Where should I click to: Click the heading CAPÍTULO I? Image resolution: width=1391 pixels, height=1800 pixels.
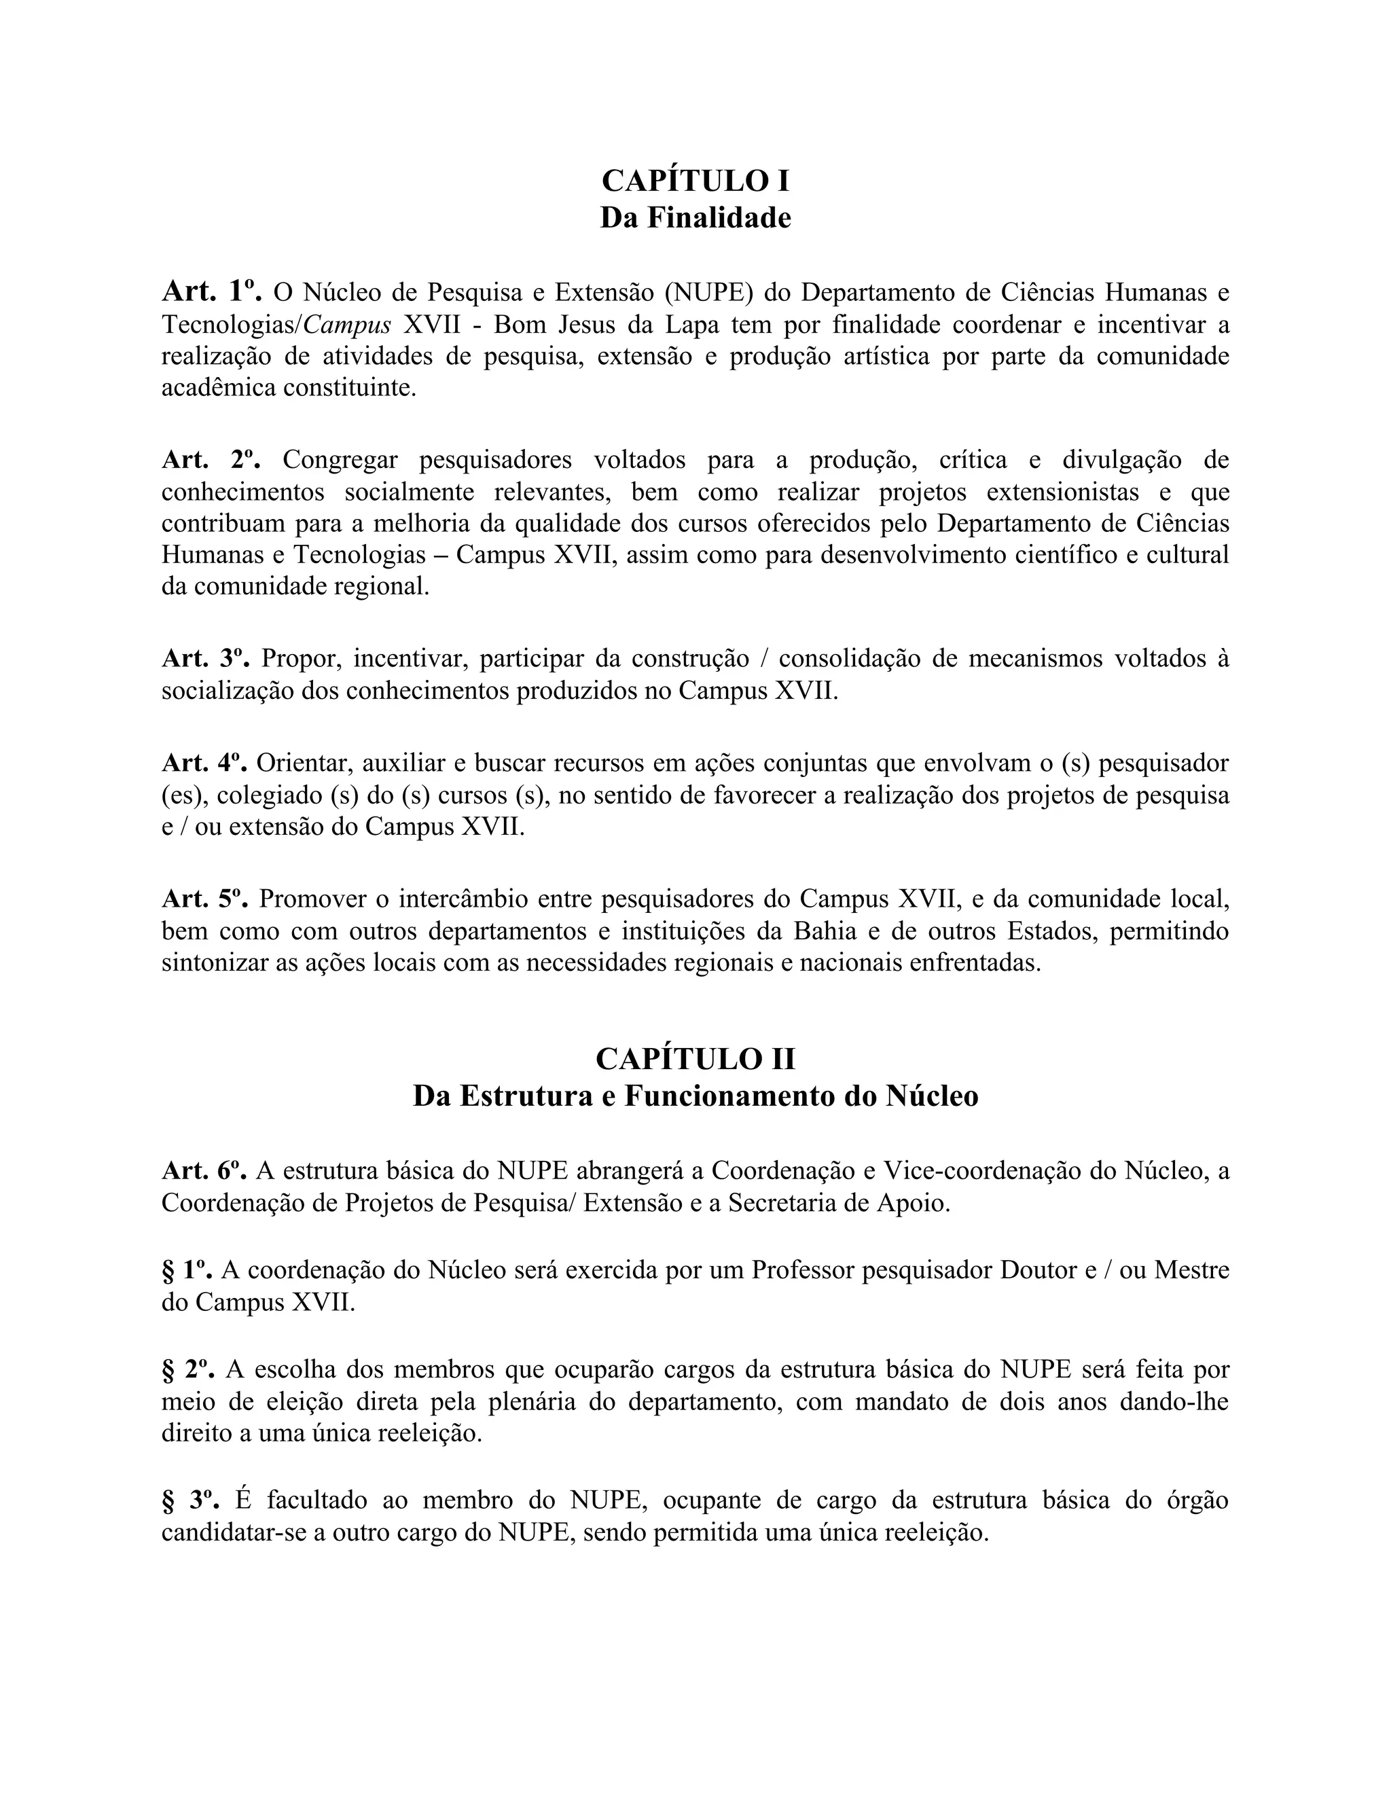tap(695, 181)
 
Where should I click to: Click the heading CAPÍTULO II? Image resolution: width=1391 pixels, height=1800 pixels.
tap(695, 1059)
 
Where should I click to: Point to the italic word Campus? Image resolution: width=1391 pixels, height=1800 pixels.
tap(347, 325)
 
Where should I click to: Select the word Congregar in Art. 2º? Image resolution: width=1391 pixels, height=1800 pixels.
tap(340, 460)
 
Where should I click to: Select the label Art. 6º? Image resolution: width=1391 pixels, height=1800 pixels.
tap(204, 1170)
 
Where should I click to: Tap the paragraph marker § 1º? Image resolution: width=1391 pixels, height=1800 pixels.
tap(187, 1270)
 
